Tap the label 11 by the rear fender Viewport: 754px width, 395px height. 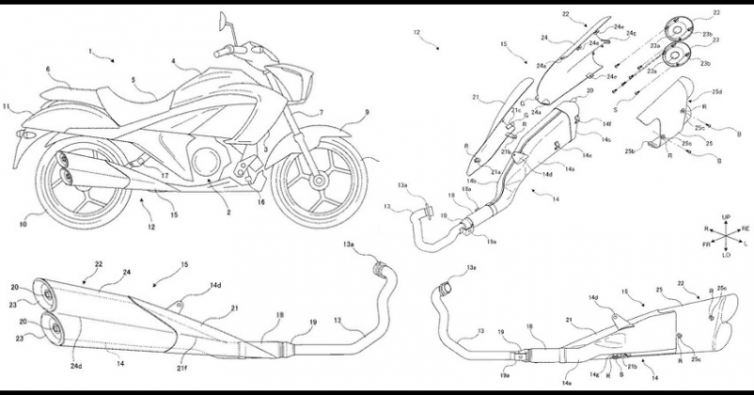click(8, 108)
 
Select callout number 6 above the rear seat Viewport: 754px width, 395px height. click(47, 69)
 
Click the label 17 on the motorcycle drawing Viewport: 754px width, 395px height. click(164, 174)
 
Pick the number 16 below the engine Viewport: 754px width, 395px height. click(259, 201)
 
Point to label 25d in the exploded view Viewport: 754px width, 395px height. click(716, 91)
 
